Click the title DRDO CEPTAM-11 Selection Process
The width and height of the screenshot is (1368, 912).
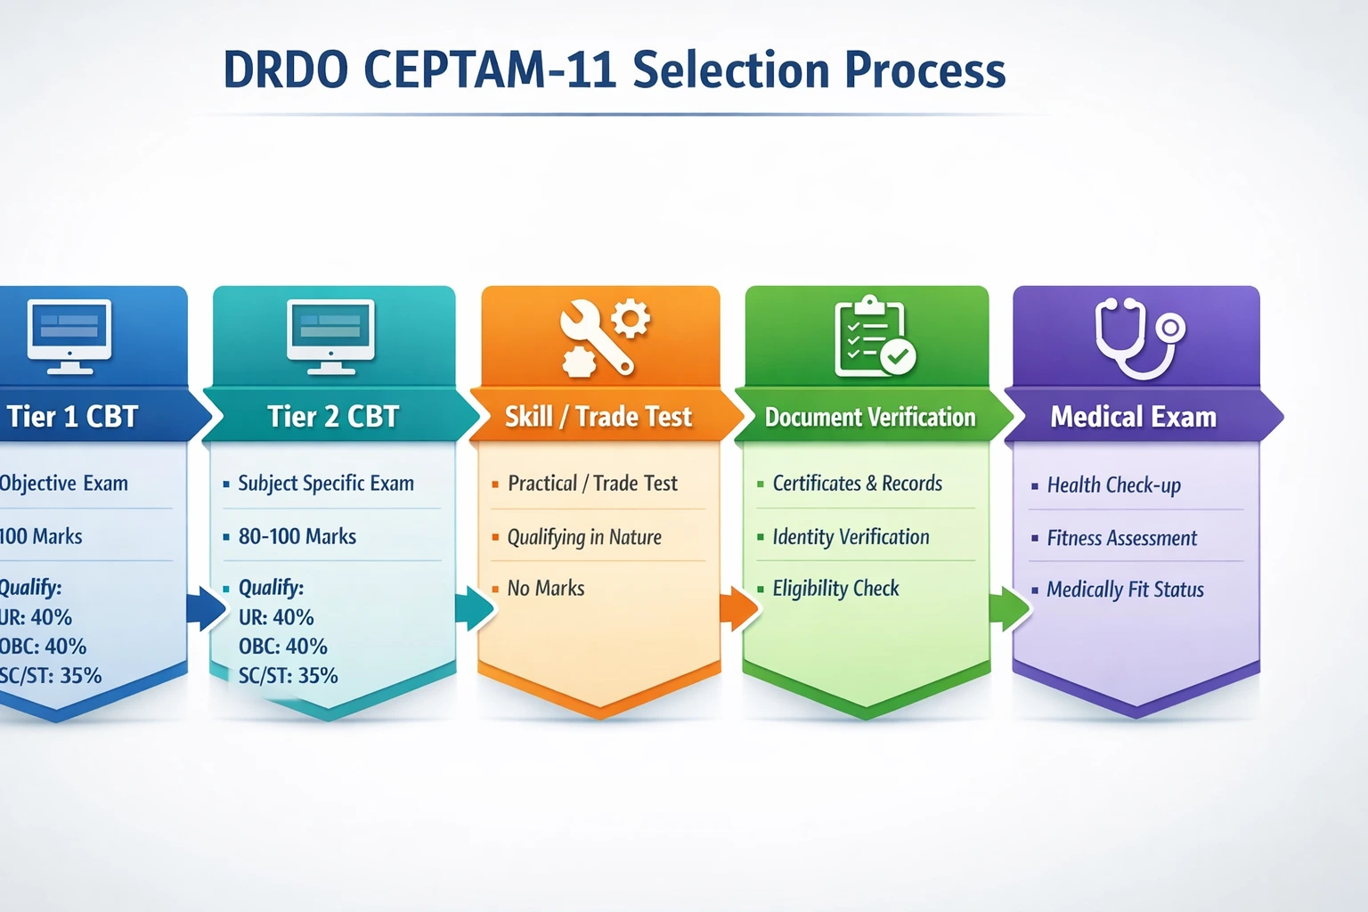click(x=614, y=70)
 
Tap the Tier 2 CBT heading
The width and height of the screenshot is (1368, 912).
click(x=333, y=417)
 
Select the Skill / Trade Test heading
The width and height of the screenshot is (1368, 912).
click(x=598, y=417)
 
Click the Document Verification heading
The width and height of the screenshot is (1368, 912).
click(x=870, y=417)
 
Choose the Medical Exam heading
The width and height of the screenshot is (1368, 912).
click(x=1133, y=417)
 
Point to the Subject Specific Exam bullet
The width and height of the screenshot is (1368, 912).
click(x=325, y=484)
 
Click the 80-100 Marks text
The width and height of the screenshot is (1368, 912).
click(x=297, y=536)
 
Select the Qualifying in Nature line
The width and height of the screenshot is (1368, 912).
click(x=583, y=537)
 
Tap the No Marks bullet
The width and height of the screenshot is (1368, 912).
click(x=545, y=588)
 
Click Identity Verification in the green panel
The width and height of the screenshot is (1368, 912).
click(x=851, y=537)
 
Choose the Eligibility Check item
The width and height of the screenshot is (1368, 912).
click(x=835, y=589)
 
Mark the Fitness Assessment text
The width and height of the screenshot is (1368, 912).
click(x=1121, y=538)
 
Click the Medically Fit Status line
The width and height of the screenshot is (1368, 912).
click(x=1125, y=590)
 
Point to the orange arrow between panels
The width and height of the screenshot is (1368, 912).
click(x=738, y=609)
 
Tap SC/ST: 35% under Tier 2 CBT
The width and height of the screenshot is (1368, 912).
click(x=288, y=676)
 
